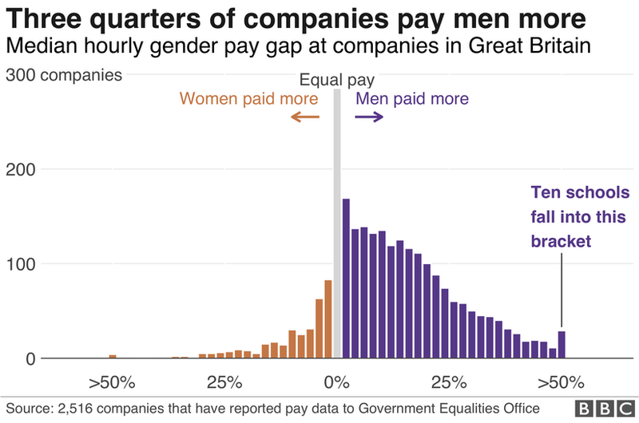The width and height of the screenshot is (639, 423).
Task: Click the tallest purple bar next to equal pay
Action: (x=346, y=279)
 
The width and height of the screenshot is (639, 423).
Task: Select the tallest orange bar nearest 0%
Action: (x=327, y=319)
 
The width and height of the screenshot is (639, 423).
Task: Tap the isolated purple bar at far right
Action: (x=562, y=345)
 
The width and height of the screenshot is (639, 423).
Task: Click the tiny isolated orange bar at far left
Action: (x=113, y=356)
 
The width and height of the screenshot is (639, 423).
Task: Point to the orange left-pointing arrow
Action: (x=304, y=117)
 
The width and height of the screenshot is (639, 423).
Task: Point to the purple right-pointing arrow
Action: (x=369, y=117)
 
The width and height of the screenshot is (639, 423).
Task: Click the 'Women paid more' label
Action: (x=248, y=99)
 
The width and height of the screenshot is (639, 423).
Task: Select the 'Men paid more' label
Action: (x=412, y=99)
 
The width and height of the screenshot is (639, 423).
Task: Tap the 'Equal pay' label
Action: (x=336, y=80)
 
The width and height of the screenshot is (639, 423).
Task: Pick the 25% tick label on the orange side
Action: (x=224, y=381)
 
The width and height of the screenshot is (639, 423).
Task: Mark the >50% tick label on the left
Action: (x=112, y=381)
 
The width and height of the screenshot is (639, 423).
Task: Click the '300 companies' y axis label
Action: (x=64, y=76)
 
